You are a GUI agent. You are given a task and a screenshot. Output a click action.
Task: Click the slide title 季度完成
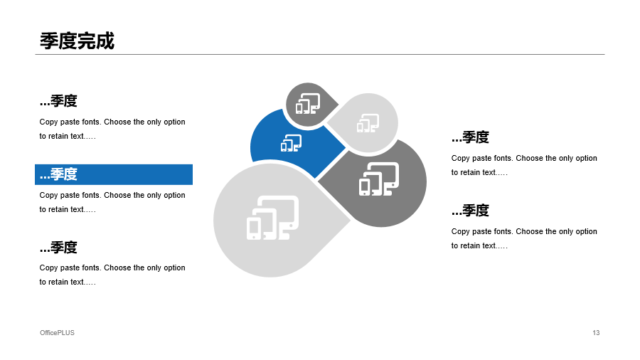(77, 41)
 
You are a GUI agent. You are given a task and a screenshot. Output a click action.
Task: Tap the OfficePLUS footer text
(57, 333)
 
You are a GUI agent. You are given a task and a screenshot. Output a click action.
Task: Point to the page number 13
(596, 333)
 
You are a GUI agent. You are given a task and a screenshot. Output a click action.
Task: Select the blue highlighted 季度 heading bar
(114, 175)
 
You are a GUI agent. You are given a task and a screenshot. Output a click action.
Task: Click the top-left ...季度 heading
(58, 101)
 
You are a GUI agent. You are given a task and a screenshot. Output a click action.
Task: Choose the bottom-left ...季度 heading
(58, 248)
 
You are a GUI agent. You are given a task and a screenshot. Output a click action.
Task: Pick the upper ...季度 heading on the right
(470, 137)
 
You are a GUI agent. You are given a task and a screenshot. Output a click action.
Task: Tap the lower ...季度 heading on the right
(470, 210)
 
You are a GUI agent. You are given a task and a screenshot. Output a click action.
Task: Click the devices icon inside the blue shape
(291, 143)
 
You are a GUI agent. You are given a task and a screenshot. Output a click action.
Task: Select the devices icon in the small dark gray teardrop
(308, 104)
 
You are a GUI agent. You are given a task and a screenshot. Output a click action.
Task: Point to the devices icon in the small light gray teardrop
(368, 123)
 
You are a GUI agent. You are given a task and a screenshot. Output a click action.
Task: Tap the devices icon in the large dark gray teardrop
(379, 179)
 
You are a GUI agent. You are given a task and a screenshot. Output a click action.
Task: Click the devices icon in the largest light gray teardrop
(272, 218)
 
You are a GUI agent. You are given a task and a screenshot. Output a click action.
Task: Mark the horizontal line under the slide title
(320, 54)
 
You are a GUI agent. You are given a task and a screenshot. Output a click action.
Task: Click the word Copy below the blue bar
(48, 195)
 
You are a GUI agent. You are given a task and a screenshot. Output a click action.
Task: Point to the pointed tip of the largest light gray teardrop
(350, 221)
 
